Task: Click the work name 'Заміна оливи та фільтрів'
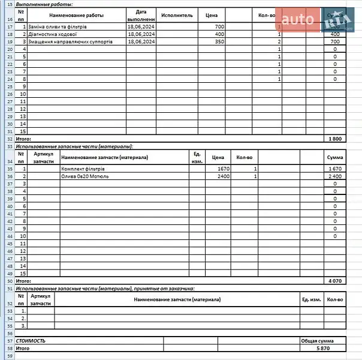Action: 59,28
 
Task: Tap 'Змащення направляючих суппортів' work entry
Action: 70,42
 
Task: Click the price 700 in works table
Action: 219,28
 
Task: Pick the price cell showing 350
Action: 219,42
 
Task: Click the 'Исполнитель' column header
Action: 177,16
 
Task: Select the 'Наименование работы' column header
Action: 76,16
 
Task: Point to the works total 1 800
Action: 335,139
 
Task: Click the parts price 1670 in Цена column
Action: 223,169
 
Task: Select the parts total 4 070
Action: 335,280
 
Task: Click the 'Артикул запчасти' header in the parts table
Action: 43,157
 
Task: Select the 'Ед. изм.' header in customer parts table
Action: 312,299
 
